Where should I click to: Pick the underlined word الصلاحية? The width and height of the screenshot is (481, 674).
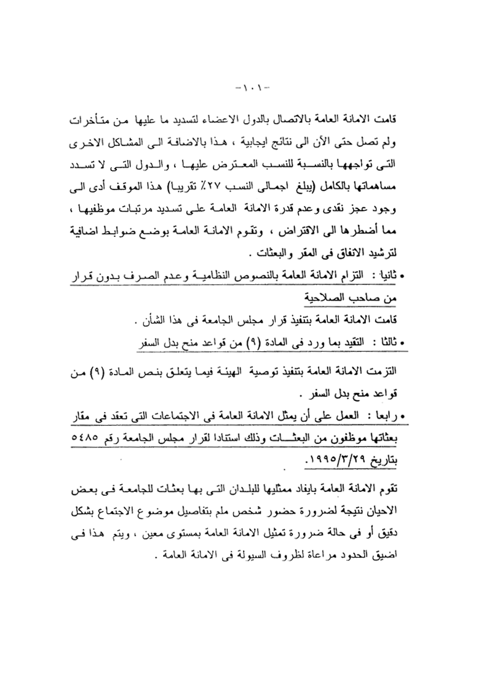(x=331, y=298)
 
